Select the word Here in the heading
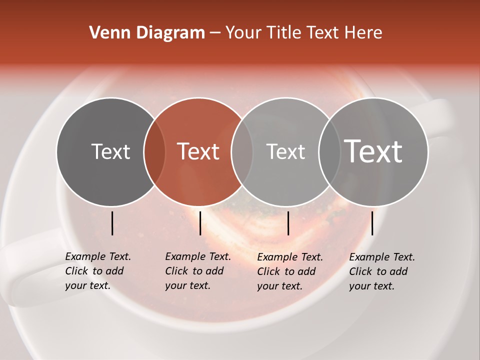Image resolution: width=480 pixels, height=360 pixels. pyautogui.click(x=364, y=33)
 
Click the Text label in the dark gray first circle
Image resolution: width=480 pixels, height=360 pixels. pyautogui.click(x=110, y=151)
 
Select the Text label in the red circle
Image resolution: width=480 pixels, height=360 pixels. pyautogui.click(x=198, y=151)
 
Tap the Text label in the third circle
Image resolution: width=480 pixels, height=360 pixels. pyautogui.click(x=285, y=151)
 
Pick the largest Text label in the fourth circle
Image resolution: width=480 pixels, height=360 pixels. pyautogui.click(x=373, y=151)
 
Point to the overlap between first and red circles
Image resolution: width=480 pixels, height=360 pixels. pyautogui.click(x=154, y=151)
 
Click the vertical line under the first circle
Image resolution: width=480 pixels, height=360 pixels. pyautogui.click(x=112, y=223)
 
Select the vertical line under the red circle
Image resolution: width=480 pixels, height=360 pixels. pyautogui.click(x=200, y=223)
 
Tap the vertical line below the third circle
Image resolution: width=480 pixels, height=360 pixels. pyautogui.click(x=288, y=223)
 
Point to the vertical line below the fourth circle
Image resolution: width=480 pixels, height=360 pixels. pyautogui.click(x=372, y=223)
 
